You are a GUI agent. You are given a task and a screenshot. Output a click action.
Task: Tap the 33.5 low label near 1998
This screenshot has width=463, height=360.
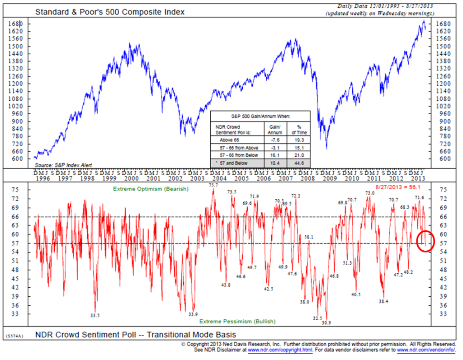click(x=95, y=315)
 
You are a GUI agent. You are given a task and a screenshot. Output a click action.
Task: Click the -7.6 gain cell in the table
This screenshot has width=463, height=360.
click(x=275, y=140)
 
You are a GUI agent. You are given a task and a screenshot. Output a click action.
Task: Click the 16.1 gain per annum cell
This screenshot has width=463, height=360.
click(x=275, y=154)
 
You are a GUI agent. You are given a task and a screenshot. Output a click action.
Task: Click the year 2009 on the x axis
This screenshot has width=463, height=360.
click(x=329, y=178)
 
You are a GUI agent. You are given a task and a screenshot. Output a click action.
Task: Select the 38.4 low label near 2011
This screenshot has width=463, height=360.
click(x=384, y=301)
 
